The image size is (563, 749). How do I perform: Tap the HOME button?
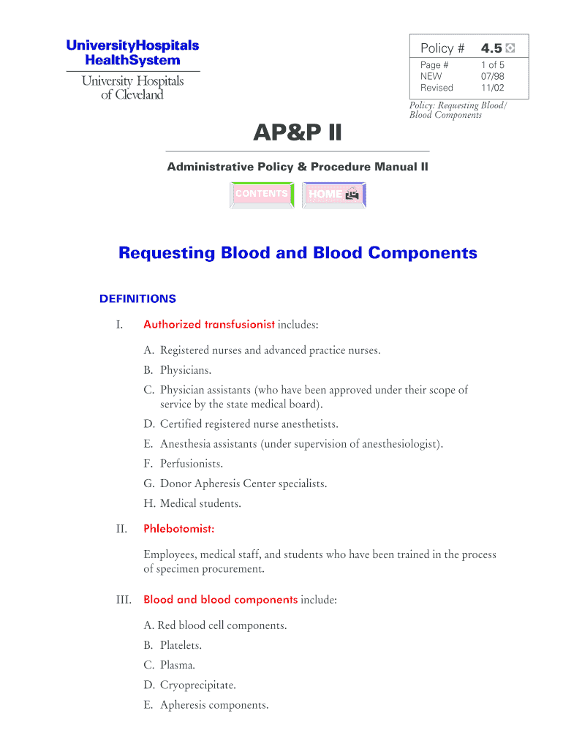[333, 195]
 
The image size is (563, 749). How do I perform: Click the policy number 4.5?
[491, 48]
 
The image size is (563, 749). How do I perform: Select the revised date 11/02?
[492, 88]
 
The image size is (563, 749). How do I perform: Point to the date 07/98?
[492, 76]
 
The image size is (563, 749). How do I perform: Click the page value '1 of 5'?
[492, 65]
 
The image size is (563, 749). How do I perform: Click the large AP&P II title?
[297, 133]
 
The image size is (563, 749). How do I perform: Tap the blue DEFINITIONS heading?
[137, 298]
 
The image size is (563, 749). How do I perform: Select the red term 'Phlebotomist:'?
[178, 528]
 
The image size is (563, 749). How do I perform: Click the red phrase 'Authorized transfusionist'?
[209, 324]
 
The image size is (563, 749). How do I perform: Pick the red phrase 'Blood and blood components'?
[220, 600]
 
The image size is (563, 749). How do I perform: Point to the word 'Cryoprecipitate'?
[197, 685]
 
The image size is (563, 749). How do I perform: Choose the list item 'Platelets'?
[181, 646]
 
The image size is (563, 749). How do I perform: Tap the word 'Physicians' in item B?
[186, 370]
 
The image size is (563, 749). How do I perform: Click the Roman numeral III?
[124, 600]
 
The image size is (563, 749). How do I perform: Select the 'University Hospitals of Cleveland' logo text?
[132, 88]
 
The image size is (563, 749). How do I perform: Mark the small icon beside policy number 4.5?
[510, 48]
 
